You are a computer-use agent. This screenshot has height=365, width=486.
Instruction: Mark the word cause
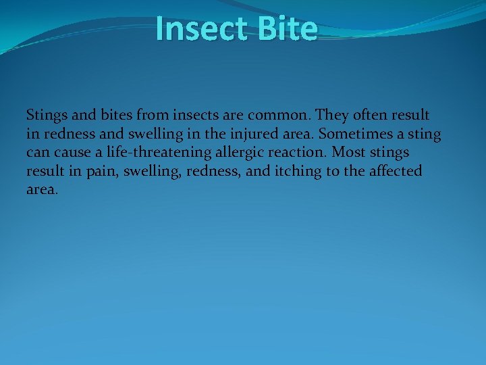point(72,153)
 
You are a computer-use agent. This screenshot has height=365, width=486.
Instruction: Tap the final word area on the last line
point(42,190)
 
